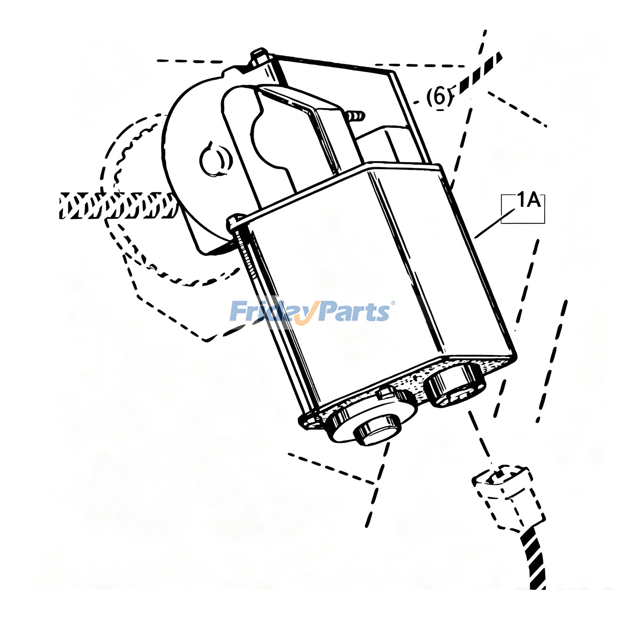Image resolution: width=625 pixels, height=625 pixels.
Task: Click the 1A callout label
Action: point(529,201)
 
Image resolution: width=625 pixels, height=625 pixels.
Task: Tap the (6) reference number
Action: point(439,96)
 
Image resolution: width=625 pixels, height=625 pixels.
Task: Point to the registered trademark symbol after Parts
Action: point(393,303)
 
